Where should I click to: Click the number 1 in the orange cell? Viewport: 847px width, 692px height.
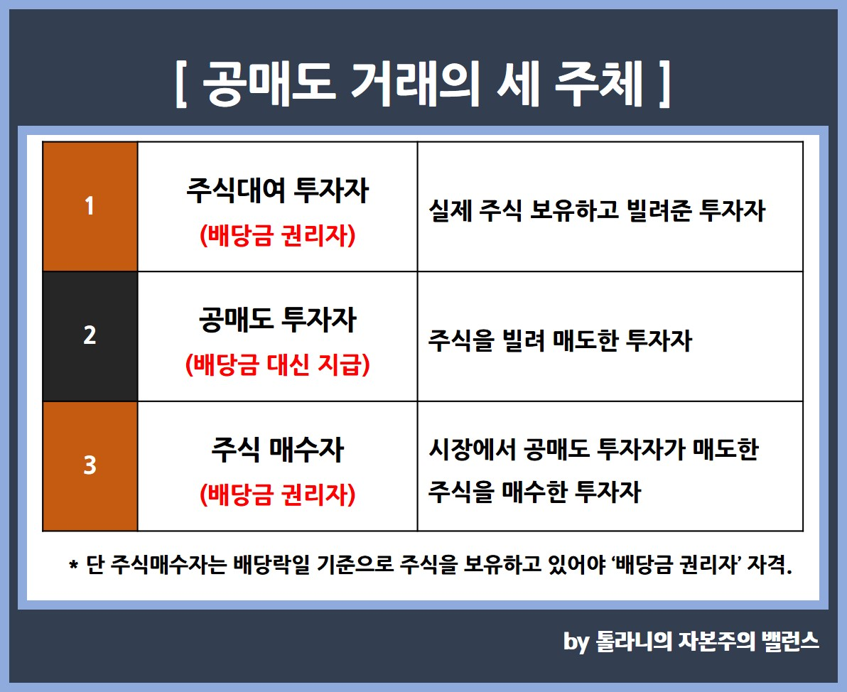coord(89,206)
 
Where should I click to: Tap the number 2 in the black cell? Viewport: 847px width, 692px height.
coord(90,335)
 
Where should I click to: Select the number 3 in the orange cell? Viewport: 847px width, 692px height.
coord(90,465)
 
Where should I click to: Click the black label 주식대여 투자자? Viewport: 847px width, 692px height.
coord(277,190)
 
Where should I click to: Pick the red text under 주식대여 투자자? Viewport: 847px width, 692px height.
coord(277,236)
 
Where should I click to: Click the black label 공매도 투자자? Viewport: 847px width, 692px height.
coord(277,320)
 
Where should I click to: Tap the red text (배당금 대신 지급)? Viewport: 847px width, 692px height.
coord(277,365)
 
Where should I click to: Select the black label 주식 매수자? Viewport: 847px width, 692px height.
coord(277,450)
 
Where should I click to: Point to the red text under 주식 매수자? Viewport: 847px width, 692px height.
coord(277,494)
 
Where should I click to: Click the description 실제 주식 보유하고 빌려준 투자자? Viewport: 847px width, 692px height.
coord(597,211)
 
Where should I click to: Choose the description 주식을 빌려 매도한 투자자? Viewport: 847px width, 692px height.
coord(560,341)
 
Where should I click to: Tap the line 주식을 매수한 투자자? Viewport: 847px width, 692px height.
coord(535,492)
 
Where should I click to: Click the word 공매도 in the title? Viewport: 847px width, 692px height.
coord(269,84)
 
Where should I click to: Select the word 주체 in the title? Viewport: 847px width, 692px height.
coord(600,84)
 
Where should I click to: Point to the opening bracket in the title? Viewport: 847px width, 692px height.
coord(181,85)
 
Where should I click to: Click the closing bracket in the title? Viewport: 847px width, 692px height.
coord(664,85)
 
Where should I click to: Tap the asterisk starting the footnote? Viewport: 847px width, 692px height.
coord(73,565)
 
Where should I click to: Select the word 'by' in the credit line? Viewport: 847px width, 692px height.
coord(576,642)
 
